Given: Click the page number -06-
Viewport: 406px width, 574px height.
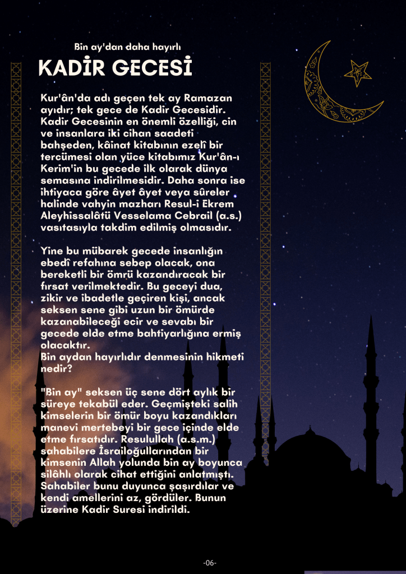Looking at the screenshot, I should coord(210,563).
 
